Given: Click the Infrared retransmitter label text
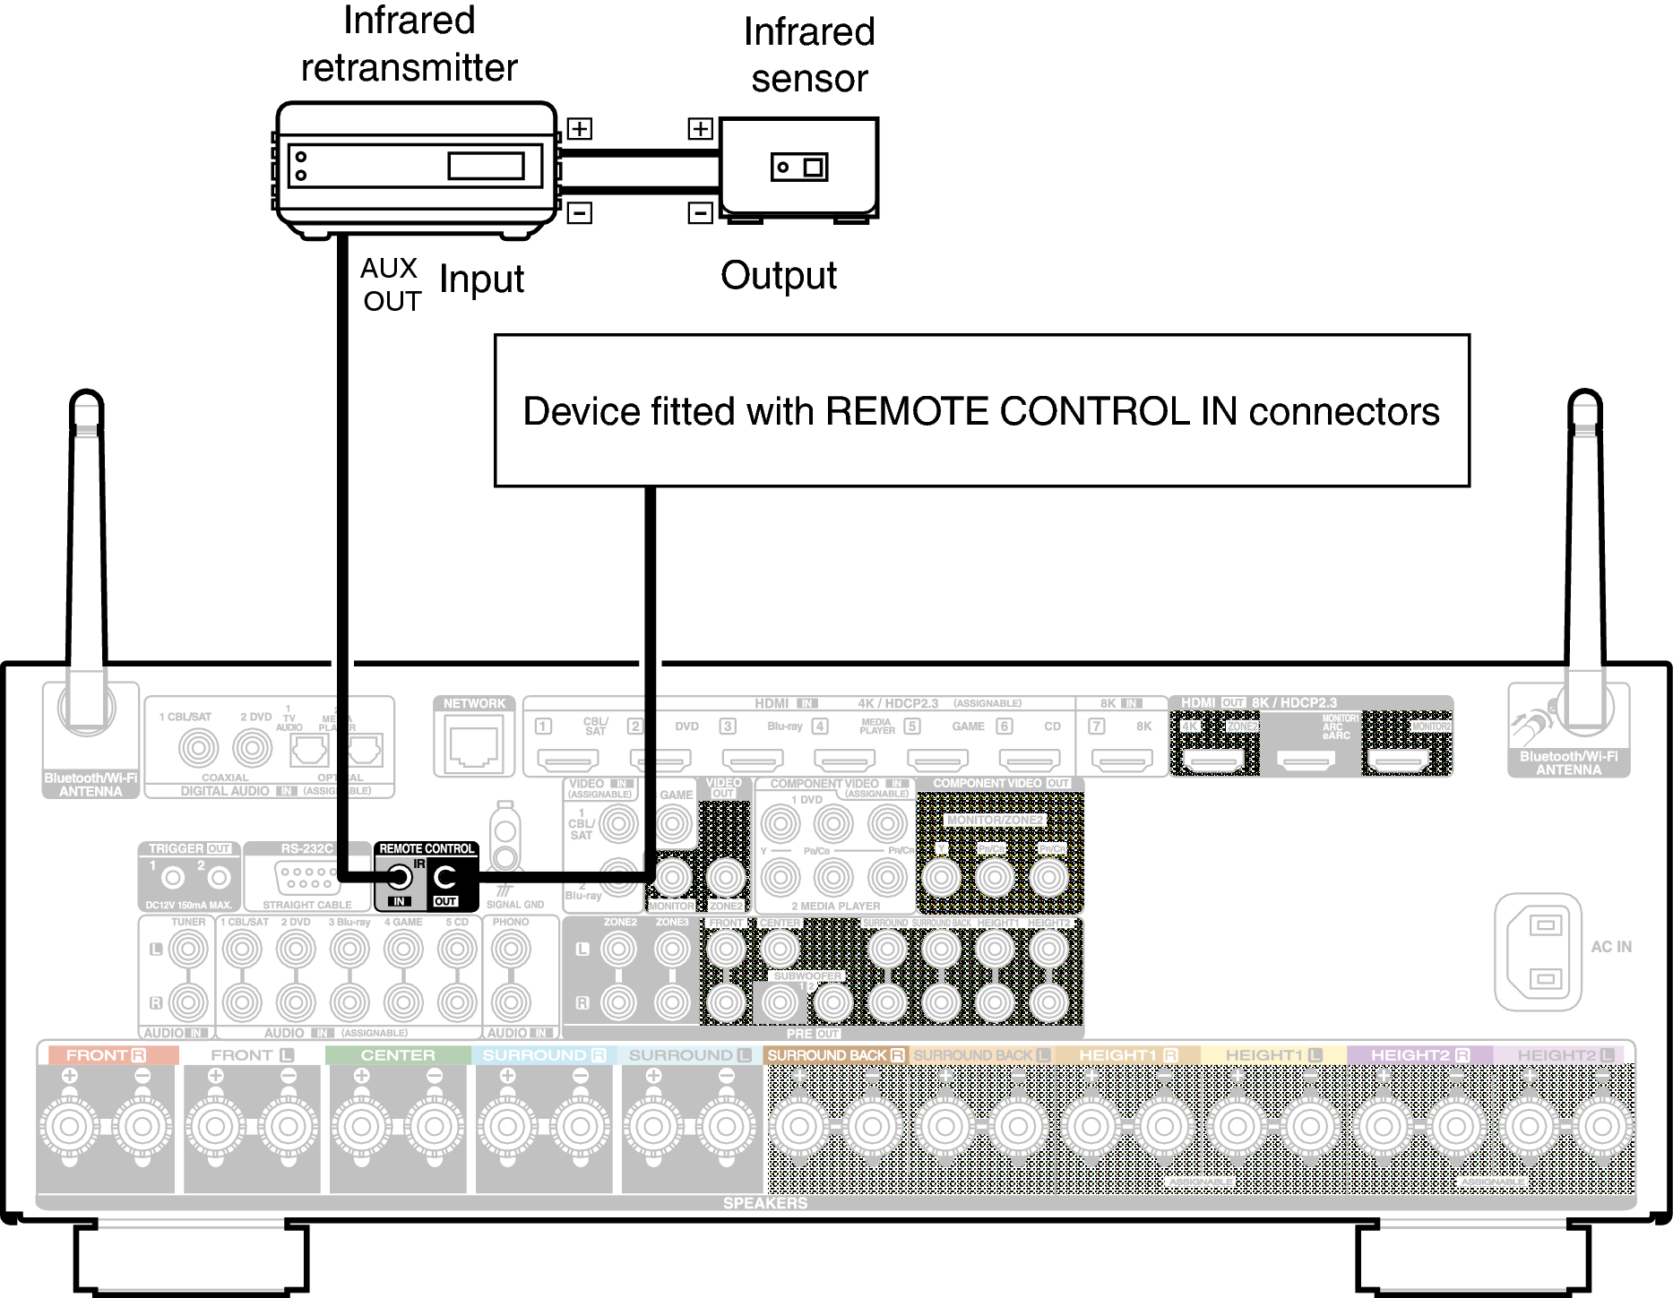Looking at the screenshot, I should click(409, 44).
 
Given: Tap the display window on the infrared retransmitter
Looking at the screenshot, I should click(486, 166).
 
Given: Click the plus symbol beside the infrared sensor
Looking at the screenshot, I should click(700, 129).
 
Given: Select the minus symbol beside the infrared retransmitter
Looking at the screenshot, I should click(580, 213).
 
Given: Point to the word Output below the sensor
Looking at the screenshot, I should click(778, 276).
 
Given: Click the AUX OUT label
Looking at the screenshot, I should click(391, 284).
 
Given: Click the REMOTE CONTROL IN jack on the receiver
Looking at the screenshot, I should click(400, 877).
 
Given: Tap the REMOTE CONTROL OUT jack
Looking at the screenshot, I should click(444, 877).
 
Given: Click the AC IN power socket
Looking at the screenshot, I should click(1538, 951).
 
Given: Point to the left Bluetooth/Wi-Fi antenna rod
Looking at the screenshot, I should click(88, 537).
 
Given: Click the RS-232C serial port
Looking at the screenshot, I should click(306, 877).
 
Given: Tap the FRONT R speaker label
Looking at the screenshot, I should click(106, 1055).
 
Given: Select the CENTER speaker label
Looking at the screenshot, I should click(398, 1055).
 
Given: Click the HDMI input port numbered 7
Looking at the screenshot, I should click(1122, 761).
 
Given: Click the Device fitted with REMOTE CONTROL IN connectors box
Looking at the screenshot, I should click(981, 411).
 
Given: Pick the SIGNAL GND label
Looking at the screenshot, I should click(515, 905).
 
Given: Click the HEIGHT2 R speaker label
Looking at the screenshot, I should click(1419, 1055).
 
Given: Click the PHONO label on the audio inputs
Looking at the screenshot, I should click(511, 922).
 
